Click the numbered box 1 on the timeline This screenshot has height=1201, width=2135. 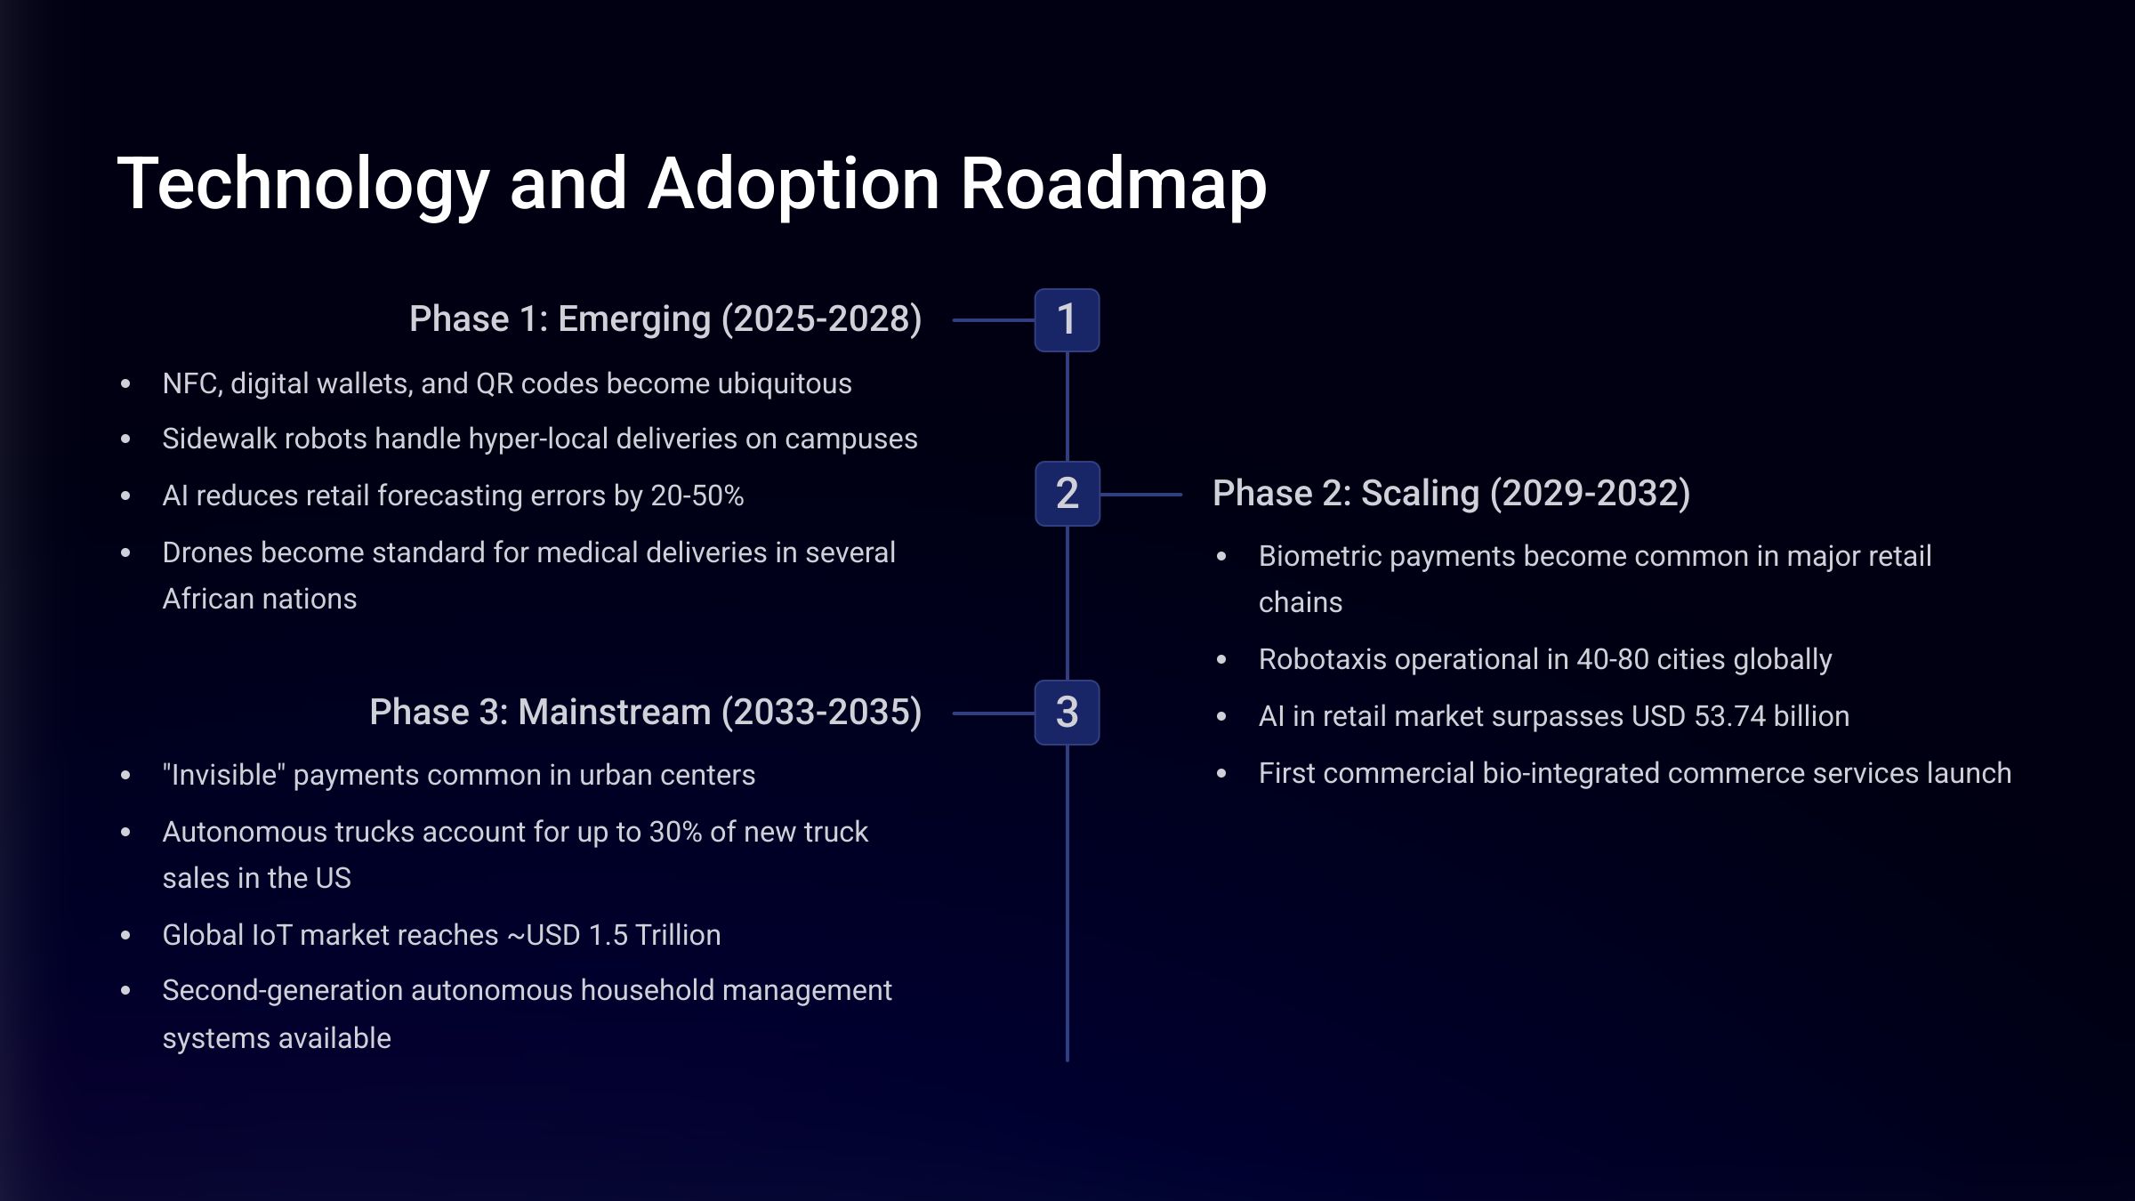pos(1067,320)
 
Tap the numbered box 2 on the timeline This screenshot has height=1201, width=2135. pos(1067,494)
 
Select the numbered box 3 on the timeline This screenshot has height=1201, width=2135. pos(1067,713)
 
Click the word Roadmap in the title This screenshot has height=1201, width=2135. pos(1113,184)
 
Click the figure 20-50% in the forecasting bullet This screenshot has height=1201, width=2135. pos(697,496)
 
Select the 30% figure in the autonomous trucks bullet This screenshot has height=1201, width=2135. pos(675,832)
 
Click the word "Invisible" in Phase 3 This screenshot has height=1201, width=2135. pos(223,775)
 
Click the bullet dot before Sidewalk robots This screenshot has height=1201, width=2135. pos(125,439)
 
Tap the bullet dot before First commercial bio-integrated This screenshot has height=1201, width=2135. pos(1221,774)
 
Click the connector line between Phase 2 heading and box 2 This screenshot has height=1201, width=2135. pos(1141,494)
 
